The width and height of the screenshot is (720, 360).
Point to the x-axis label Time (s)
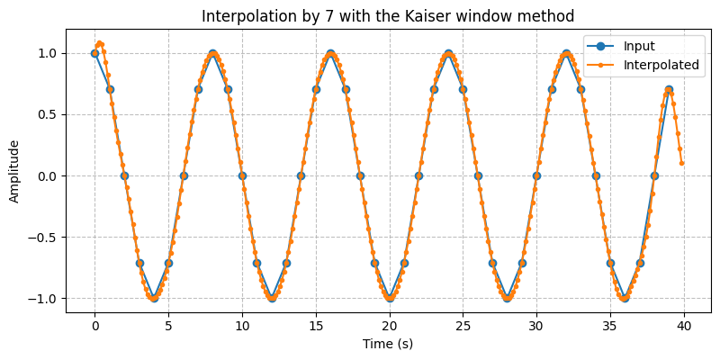pyautogui.click(x=388, y=344)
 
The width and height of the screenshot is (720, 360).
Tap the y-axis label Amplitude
pyautogui.click(x=14, y=175)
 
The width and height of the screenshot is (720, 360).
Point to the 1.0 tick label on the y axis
pyautogui.click(x=48, y=53)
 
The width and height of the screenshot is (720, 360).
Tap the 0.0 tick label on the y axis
pyautogui.click(x=48, y=175)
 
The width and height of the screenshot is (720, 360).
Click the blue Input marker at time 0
pyautogui.click(x=94, y=53)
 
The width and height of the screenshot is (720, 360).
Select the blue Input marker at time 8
pyautogui.click(x=212, y=53)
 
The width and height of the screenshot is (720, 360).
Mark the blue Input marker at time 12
pyautogui.click(x=271, y=298)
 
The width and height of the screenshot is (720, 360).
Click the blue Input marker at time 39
pyautogui.click(x=669, y=89)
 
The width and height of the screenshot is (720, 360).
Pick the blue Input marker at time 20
pyautogui.click(x=389, y=298)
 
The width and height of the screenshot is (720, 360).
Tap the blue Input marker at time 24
pyautogui.click(x=448, y=53)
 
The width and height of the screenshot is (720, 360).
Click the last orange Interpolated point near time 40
pyautogui.click(x=681, y=163)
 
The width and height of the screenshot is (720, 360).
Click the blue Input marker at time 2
pyautogui.click(x=124, y=175)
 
